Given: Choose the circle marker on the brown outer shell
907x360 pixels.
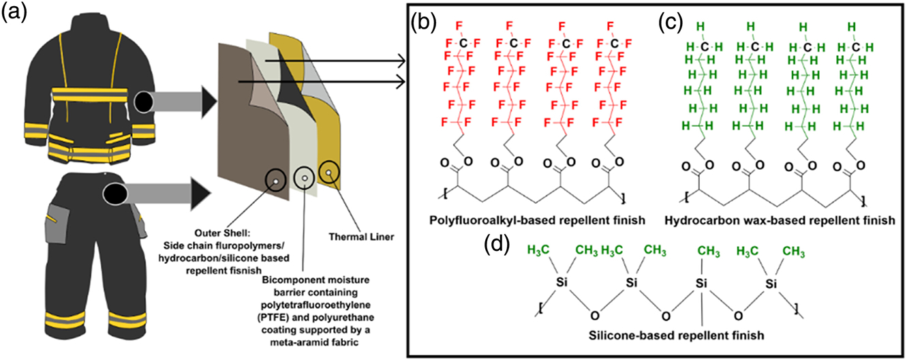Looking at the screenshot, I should click(275, 179).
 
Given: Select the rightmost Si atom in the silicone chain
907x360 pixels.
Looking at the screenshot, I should click(770, 282).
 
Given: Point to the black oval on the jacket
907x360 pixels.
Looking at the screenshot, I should click(147, 102).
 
